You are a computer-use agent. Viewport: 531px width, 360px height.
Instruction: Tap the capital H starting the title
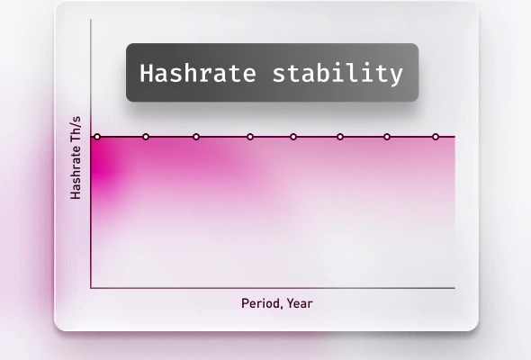click(x=146, y=73)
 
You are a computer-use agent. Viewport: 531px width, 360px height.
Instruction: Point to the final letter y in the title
click(x=397, y=75)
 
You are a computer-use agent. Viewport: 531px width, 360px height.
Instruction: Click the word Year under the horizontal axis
click(x=300, y=303)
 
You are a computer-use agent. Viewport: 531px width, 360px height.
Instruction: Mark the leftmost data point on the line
click(x=97, y=137)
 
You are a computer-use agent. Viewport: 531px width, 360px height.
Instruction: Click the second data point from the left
click(x=146, y=137)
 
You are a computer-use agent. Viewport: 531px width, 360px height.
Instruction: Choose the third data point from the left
click(x=196, y=137)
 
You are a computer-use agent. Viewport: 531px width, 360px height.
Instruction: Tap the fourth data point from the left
click(x=250, y=137)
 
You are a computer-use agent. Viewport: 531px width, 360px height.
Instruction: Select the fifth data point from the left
click(x=293, y=137)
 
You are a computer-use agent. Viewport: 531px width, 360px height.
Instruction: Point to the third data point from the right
click(x=340, y=137)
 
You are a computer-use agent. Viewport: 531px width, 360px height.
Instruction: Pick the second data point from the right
click(x=387, y=137)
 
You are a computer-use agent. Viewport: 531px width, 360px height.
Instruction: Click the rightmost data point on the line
click(x=436, y=137)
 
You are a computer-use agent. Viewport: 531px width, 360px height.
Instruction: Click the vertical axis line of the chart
click(x=91, y=216)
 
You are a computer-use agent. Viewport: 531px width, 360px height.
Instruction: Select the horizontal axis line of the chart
click(x=270, y=288)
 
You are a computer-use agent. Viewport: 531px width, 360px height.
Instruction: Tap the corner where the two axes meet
click(x=91, y=288)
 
